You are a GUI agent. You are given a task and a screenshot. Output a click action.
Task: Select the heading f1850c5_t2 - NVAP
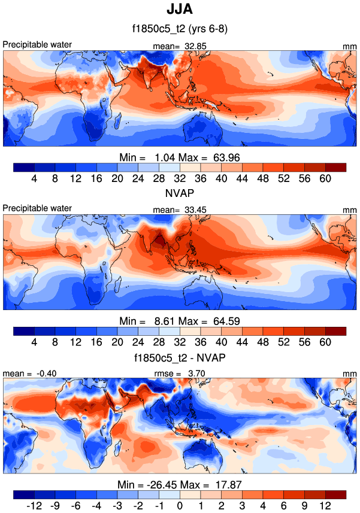click(180, 357)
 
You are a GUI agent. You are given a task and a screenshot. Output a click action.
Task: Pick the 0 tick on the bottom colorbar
click(180, 506)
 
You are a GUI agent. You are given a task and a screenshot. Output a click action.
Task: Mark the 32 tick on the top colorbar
click(180, 178)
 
